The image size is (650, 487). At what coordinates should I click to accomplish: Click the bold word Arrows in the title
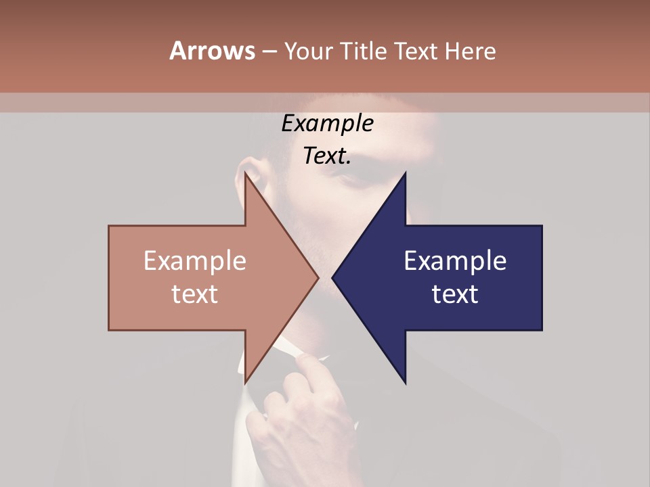(x=212, y=51)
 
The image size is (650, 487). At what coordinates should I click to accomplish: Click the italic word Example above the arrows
(x=327, y=124)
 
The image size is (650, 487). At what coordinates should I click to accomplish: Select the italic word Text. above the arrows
(x=327, y=156)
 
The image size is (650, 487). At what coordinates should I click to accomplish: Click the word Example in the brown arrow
(x=195, y=261)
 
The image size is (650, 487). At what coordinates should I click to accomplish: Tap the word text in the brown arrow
(x=195, y=294)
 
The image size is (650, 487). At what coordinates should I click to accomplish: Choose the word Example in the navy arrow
(x=455, y=261)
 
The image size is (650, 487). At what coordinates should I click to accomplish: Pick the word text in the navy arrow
(x=455, y=294)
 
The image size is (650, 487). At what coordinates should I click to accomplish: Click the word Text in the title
(x=415, y=51)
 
